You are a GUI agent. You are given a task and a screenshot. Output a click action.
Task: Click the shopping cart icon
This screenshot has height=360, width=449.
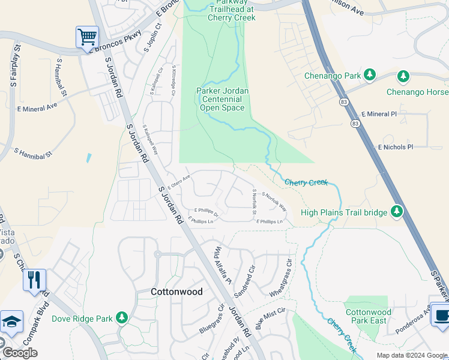(x=87, y=37)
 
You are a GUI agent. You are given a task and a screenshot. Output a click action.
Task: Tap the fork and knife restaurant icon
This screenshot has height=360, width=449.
(x=34, y=280)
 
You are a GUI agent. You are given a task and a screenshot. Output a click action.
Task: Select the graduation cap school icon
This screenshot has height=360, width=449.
(x=11, y=322)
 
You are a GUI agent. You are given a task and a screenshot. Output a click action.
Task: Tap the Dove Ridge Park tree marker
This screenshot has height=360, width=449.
(x=122, y=317)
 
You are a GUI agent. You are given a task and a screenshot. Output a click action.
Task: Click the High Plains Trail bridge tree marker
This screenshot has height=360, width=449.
(x=396, y=211)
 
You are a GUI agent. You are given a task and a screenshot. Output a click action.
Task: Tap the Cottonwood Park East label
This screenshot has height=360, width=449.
(x=369, y=317)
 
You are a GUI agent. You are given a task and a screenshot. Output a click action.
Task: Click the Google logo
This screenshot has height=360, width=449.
(x=20, y=353)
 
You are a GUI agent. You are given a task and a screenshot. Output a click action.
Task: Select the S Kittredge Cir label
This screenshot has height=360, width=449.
(x=173, y=80)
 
